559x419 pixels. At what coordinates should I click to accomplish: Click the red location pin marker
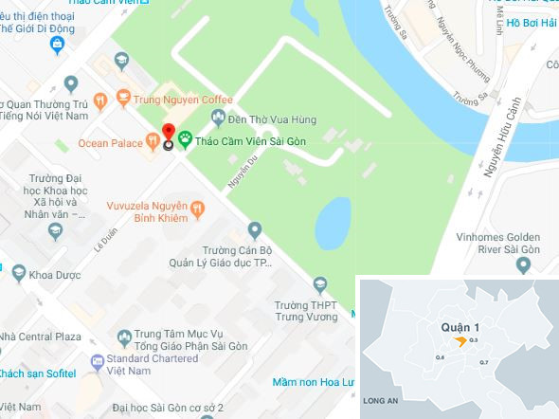[x=169, y=135]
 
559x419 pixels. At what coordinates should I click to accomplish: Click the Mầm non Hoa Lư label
[x=312, y=383]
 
